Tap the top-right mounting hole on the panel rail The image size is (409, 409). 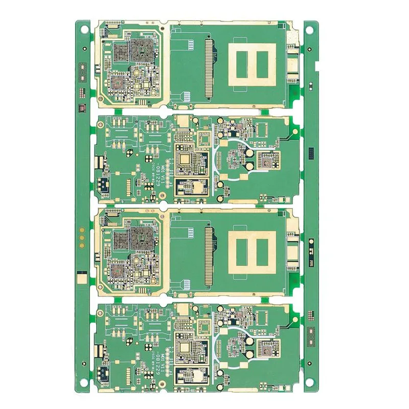(x=310, y=29)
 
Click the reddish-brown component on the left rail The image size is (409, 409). (x=81, y=108)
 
